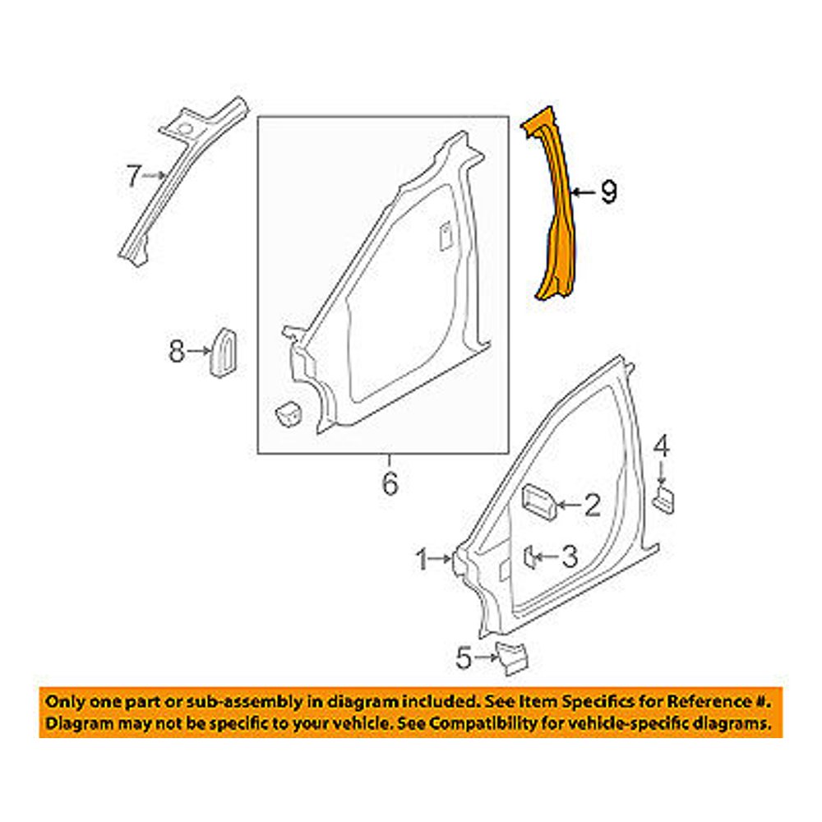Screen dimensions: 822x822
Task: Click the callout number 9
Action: pos(607,192)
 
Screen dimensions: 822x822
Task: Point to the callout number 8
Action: pos(176,352)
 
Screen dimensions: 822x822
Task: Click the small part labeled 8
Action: pos(224,352)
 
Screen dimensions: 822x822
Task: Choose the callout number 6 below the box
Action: pos(390,483)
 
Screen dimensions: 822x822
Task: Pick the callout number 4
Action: pos(663,448)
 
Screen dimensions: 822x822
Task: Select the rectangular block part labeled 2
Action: pos(539,500)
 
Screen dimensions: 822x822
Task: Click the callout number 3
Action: pos(570,558)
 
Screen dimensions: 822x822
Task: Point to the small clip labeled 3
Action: pos(530,557)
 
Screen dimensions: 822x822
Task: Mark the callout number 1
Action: pos(422,561)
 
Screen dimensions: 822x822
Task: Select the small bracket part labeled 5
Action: pos(511,658)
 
